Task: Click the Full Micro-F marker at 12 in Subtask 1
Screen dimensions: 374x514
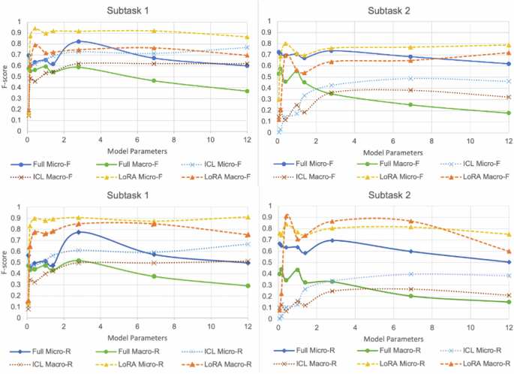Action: pyautogui.click(x=248, y=65)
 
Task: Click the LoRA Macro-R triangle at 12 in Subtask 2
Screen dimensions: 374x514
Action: pyautogui.click(x=508, y=252)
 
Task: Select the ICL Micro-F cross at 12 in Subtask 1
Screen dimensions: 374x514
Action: pyautogui.click(x=248, y=47)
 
